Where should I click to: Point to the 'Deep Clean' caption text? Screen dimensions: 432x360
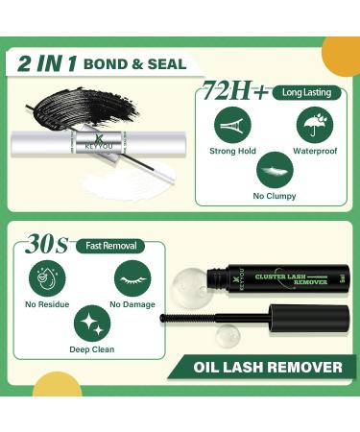[x=91, y=349]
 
